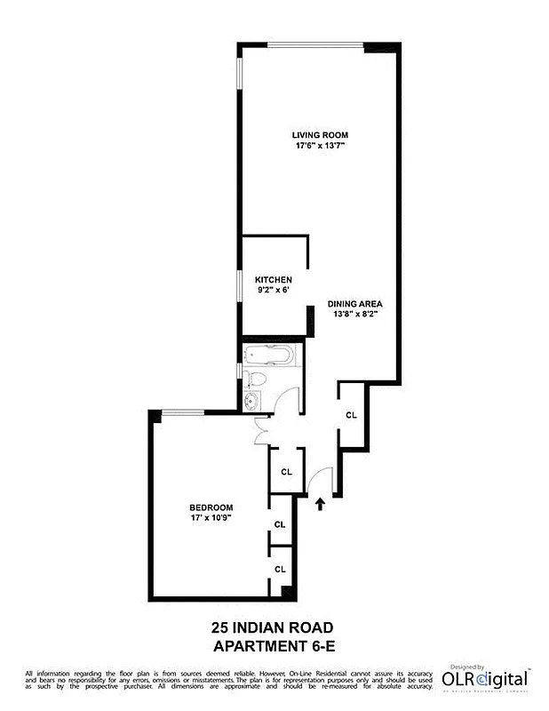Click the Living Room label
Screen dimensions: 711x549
click(320, 135)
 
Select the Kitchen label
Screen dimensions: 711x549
click(274, 280)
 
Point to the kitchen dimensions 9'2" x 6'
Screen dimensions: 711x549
click(274, 291)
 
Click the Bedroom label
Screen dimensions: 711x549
click(211, 507)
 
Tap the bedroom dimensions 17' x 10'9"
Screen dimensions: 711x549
click(211, 518)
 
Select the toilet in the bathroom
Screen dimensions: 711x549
click(254, 381)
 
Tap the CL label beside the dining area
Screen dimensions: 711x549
click(351, 415)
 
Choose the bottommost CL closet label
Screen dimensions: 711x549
click(280, 569)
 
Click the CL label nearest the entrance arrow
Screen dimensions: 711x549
click(287, 472)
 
